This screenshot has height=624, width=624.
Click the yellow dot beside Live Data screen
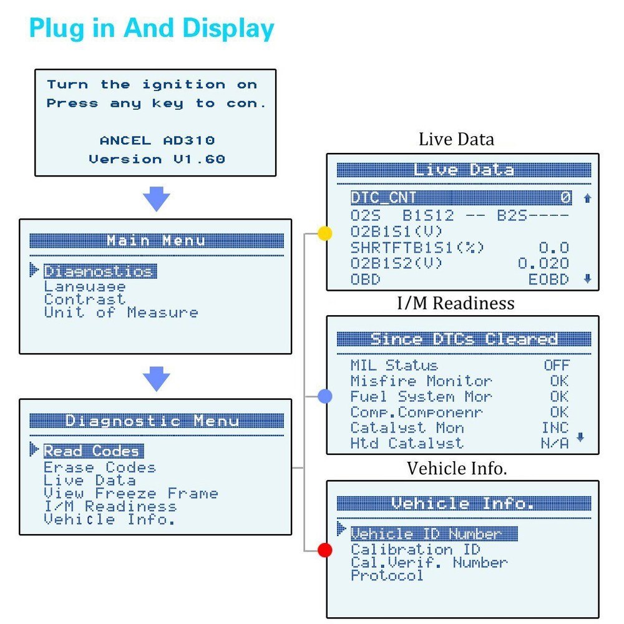(x=324, y=233)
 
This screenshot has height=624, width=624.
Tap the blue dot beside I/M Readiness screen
(x=324, y=396)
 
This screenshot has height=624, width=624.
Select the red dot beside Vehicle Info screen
(x=324, y=550)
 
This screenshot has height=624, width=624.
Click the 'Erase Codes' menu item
(x=99, y=467)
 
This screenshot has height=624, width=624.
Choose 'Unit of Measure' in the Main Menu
(x=120, y=313)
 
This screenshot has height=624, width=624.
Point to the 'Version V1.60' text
(x=156, y=159)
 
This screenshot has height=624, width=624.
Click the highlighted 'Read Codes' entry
(x=92, y=451)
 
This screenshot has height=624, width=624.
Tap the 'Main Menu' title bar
(x=156, y=241)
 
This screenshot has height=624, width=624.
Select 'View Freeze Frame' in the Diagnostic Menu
(x=130, y=494)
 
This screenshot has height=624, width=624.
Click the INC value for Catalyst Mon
(x=555, y=427)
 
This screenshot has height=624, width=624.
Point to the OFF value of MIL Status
(x=556, y=365)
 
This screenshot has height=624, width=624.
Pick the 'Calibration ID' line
(x=415, y=550)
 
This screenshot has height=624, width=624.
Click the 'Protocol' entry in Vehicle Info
(x=387, y=575)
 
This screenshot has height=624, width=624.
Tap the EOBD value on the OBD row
(x=548, y=280)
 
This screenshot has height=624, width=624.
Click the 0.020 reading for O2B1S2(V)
(x=543, y=264)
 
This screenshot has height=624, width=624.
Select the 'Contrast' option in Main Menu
(x=84, y=300)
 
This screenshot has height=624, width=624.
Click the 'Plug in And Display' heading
(x=152, y=29)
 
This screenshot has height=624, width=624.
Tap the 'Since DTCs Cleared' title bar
(x=464, y=339)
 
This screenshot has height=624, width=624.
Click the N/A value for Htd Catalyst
(x=554, y=443)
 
